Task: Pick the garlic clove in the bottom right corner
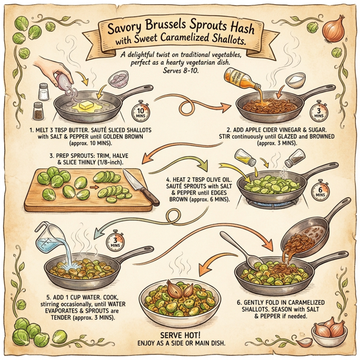pos(305,343)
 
